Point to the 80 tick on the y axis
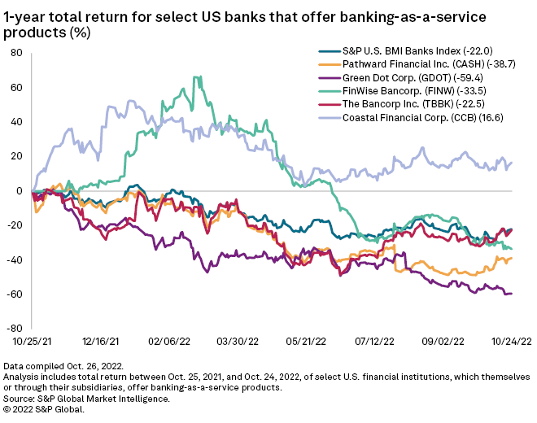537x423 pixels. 16,53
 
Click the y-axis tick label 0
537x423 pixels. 19,190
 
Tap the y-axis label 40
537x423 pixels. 16,121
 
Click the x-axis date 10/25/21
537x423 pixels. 33,344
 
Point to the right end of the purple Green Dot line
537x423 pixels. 512,294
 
